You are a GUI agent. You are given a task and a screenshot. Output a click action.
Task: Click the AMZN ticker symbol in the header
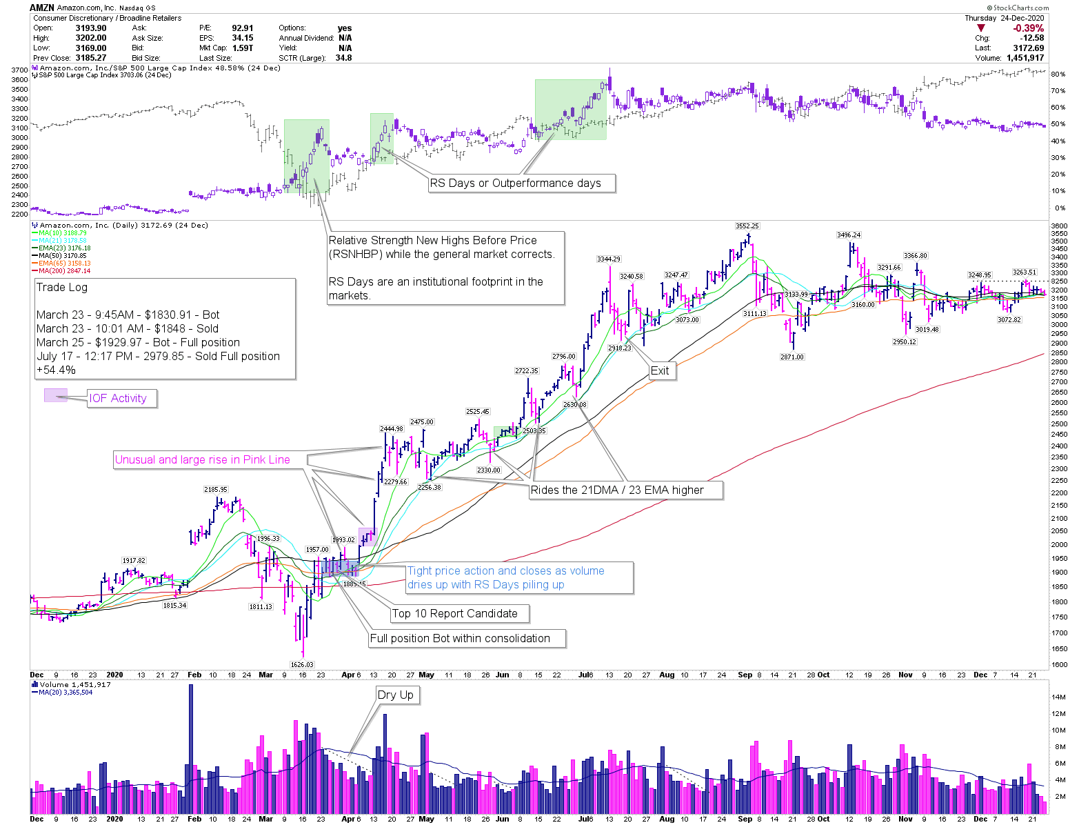point(41,8)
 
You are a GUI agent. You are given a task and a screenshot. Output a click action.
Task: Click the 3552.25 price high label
point(747,226)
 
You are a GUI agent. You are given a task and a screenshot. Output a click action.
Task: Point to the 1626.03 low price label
point(302,665)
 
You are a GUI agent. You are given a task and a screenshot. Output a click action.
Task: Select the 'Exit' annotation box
point(660,371)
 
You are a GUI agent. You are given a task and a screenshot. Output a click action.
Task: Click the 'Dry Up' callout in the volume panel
point(396,695)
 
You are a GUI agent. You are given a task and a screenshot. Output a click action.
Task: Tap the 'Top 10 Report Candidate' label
point(454,614)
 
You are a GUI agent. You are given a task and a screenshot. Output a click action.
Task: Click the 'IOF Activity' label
point(118,399)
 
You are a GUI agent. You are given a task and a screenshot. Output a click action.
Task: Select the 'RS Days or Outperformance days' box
point(515,183)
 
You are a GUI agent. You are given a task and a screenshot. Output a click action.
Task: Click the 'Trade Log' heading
point(62,288)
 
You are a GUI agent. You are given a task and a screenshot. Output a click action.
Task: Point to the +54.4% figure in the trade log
point(56,370)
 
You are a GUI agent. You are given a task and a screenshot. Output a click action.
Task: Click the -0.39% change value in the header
point(1028,28)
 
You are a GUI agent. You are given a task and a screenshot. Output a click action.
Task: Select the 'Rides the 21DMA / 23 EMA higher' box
point(617,490)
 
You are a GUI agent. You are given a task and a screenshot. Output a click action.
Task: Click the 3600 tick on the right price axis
point(1058,226)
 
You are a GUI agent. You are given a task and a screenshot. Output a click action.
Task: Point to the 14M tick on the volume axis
point(1058,697)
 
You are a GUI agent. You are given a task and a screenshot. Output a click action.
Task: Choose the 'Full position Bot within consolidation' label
point(460,639)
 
